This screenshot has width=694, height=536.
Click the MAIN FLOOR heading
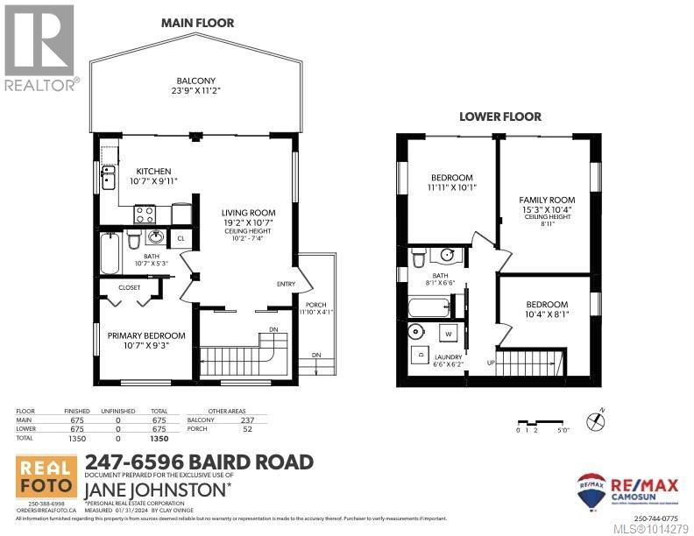pos(197,23)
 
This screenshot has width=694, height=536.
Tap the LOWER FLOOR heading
pos(500,116)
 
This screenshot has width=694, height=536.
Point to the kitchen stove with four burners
pos(145,213)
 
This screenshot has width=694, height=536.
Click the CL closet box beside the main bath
pos(181,237)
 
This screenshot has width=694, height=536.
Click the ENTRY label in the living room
pos(286,284)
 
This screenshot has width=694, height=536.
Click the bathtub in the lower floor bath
pos(428,307)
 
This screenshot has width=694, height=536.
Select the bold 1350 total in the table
pos(159,438)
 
